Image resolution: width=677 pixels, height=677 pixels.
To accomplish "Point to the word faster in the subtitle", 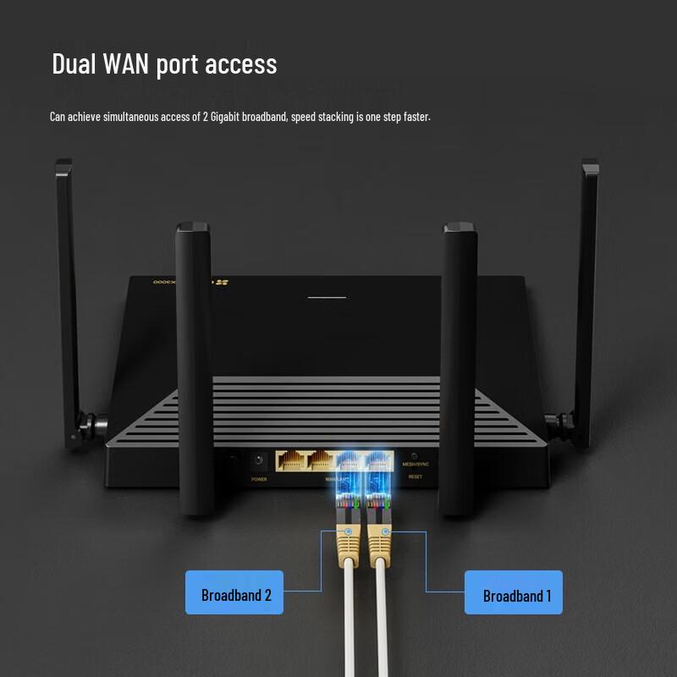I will point(415,117).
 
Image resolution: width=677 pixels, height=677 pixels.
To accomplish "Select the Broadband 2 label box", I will point(234,592).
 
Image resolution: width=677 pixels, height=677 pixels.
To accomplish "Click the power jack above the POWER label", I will point(258,461).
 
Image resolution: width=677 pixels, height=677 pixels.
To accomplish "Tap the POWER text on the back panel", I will point(258,479).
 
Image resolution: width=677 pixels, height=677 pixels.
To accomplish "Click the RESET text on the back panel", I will point(415,476).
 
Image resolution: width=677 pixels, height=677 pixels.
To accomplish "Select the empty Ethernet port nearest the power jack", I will point(290,461).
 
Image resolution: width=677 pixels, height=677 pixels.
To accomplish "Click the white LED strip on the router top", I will point(327,297).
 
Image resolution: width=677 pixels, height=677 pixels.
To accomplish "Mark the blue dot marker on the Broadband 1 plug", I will point(385,532).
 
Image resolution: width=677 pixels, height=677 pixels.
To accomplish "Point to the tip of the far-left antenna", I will point(63,163).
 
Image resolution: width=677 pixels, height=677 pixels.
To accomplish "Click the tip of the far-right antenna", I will point(590,163).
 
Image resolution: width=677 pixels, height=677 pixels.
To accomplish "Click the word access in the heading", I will point(239,63).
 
